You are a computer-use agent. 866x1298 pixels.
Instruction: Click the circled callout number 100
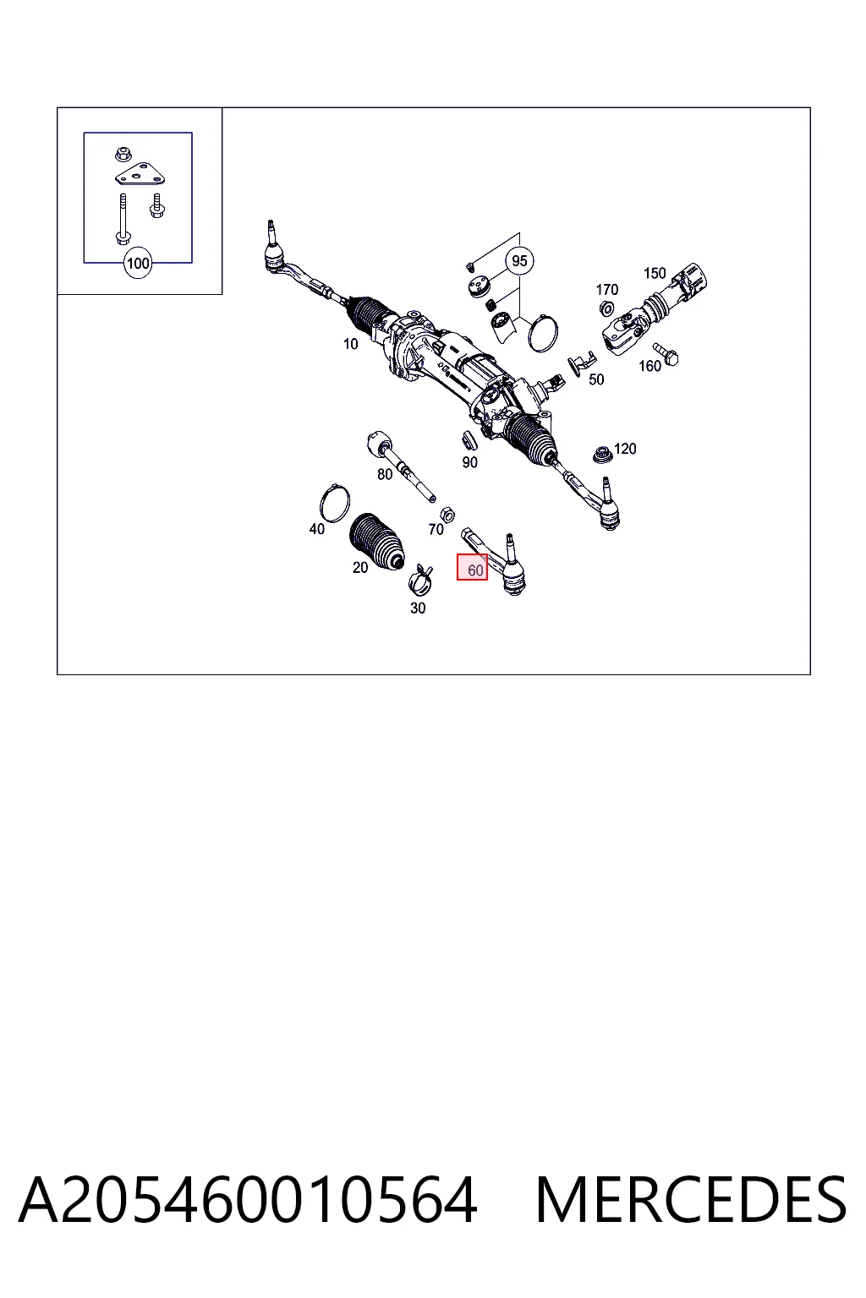pos(138,263)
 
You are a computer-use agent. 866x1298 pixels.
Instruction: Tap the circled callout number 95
pos(519,261)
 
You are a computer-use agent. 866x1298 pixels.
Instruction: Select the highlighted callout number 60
pos(472,567)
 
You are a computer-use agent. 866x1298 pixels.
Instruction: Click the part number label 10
pos(350,344)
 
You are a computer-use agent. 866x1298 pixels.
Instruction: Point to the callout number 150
pos(655,273)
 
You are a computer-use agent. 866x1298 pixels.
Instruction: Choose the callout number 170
pos(606,289)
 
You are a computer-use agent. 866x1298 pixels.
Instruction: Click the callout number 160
pos(649,366)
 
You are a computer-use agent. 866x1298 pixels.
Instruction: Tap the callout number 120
pos(625,449)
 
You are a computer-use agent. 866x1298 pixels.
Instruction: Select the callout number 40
pos(316,528)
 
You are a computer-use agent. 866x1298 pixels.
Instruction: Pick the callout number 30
pos(418,608)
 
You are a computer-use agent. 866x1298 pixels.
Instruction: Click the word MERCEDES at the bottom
pos(691,1199)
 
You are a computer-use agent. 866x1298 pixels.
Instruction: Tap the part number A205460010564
pos(249,1199)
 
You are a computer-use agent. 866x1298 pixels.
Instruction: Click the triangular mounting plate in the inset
pos(140,174)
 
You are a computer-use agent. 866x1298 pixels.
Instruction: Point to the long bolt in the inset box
pos(123,219)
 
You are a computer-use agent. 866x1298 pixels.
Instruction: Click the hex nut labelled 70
pos(447,514)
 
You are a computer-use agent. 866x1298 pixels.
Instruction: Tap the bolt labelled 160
pos(666,354)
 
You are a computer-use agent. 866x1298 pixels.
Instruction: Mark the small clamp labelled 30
pos(420,581)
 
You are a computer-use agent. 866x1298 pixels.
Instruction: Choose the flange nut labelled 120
pos(602,455)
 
